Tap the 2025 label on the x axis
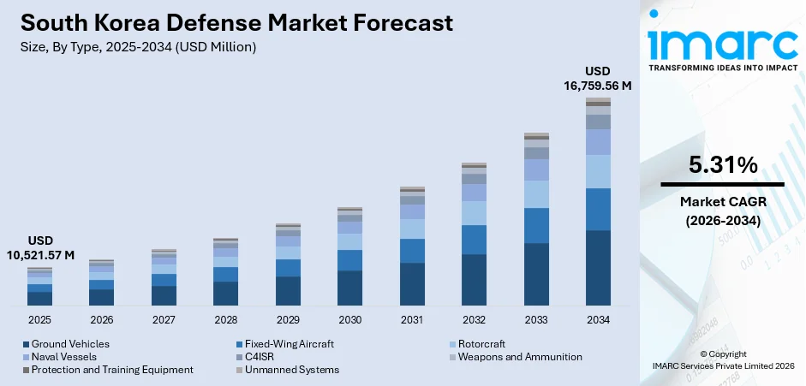tap(39, 319)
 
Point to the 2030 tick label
tap(349, 319)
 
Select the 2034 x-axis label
tap(598, 319)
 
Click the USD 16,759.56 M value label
tap(597, 78)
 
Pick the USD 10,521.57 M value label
tap(40, 247)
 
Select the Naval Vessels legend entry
tap(64, 357)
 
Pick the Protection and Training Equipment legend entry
tap(112, 370)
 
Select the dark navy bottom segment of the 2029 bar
tap(288, 291)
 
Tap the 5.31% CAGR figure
tap(722, 165)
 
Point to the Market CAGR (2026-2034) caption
tap(722, 211)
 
